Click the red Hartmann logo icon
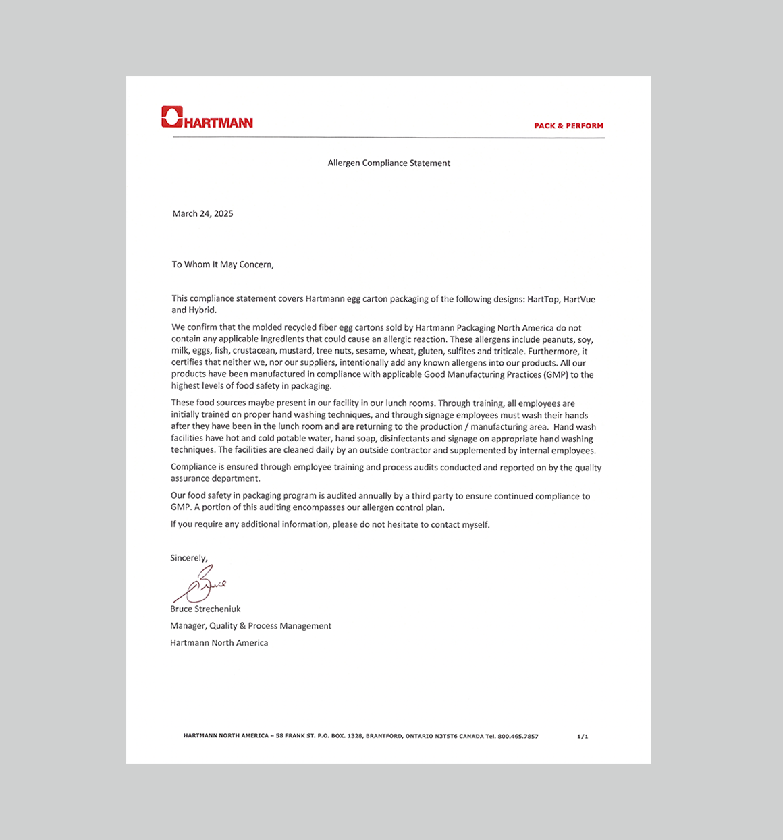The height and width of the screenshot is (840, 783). tap(172, 117)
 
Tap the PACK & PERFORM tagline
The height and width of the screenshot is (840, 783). tap(568, 125)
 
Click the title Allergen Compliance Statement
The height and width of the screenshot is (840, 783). tap(389, 163)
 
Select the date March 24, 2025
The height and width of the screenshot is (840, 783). tap(202, 213)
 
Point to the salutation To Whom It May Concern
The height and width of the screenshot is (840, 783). tap(223, 264)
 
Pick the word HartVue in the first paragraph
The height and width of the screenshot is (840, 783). tap(579, 299)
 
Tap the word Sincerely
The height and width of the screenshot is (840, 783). tap(188, 558)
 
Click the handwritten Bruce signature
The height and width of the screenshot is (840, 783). tap(200, 585)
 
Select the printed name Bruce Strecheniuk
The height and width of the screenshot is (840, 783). tap(205, 609)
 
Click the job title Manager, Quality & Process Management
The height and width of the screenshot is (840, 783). tap(250, 626)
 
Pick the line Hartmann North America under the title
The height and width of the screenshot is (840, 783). tap(219, 643)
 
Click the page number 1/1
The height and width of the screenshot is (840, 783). tap(583, 737)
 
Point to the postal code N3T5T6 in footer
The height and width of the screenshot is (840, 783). tap(446, 737)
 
